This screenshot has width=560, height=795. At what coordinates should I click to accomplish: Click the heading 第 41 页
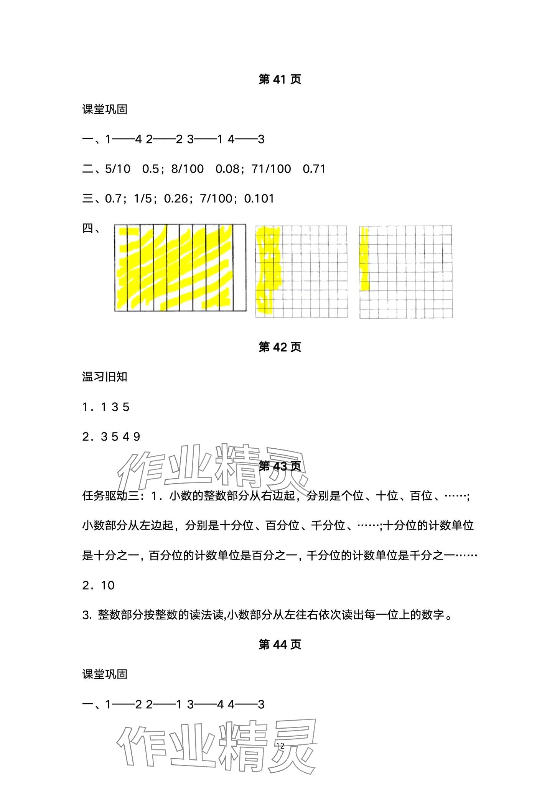coord(280,79)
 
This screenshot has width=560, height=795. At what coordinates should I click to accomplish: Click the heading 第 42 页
coord(280,347)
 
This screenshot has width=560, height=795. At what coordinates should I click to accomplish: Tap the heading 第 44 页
coord(280,645)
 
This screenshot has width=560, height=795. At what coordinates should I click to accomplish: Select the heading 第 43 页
coord(280,466)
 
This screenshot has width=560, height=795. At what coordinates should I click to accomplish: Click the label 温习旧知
coord(104,377)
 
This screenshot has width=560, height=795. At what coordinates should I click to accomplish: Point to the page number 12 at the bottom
coord(280,746)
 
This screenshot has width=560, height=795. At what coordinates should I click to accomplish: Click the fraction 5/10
coord(118,169)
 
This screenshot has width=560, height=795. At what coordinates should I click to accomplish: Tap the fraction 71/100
coord(271,169)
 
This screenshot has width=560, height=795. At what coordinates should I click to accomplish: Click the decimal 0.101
coord(259,199)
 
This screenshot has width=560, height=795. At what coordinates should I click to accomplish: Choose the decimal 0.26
coord(176,199)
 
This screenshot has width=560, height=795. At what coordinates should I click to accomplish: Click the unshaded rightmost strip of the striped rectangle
coord(239,268)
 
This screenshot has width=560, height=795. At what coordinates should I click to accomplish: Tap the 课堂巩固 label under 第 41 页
coord(104,109)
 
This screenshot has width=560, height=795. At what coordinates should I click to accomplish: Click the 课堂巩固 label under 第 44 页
coord(104,675)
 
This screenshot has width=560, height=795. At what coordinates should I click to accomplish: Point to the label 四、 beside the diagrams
coord(91,229)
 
